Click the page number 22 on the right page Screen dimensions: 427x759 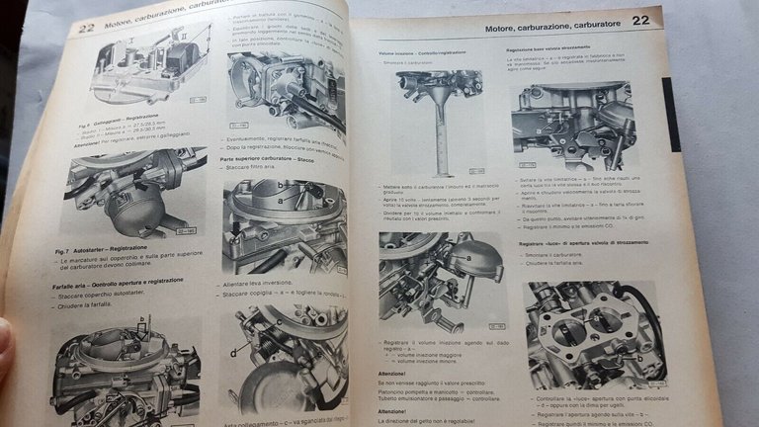(x=640, y=20)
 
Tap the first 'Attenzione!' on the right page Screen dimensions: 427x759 (x=393, y=373)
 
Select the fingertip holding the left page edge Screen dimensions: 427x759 (x=5, y=341)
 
